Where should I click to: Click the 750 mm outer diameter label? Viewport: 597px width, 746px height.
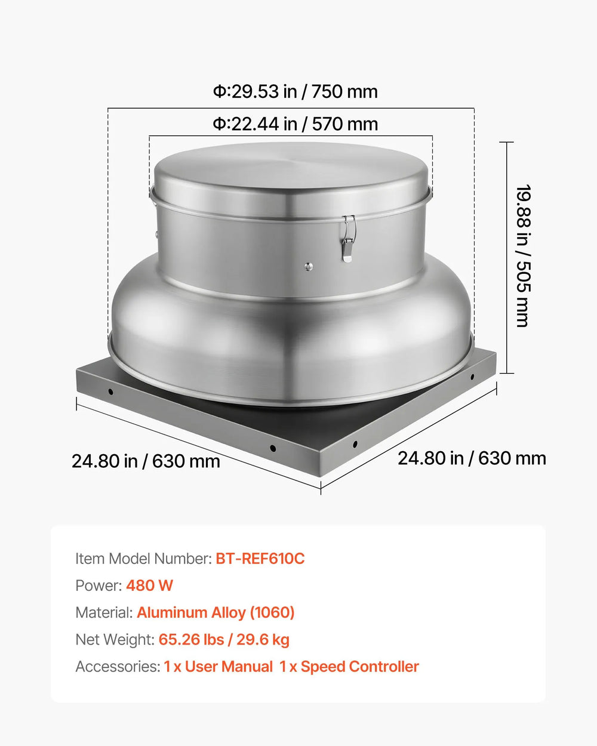296,91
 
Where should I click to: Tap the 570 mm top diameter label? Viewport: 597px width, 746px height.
296,124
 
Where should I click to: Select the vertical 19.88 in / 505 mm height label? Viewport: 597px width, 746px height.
522,256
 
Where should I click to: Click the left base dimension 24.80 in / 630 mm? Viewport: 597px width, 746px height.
146,461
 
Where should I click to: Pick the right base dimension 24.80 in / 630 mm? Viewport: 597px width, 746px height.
472,458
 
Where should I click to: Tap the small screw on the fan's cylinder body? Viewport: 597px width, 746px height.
308,267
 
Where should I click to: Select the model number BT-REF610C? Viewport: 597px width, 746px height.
260,559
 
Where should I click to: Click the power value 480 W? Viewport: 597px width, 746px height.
149,585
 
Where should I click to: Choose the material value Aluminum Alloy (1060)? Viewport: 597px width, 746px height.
216,612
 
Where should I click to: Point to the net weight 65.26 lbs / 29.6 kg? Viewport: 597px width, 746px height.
224,640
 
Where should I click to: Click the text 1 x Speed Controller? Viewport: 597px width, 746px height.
349,667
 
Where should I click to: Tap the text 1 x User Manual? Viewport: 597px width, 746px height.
219,667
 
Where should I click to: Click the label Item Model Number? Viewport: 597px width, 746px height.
143,559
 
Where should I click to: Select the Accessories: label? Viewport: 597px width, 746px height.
118,667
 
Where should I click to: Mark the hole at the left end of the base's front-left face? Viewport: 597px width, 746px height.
110,392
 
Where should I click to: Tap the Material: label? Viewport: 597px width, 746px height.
104,612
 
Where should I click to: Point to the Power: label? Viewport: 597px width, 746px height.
99,585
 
